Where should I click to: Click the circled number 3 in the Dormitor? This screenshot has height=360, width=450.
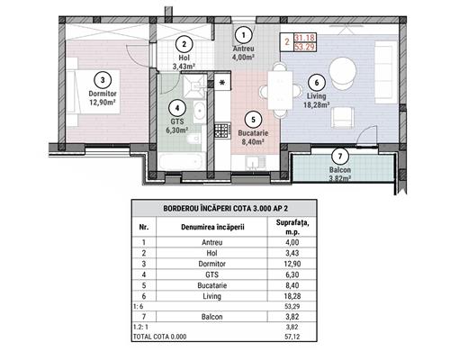pos(103,80)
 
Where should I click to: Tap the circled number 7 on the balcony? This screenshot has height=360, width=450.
pos(340,156)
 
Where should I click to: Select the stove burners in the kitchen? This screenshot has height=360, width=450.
pos(222,130)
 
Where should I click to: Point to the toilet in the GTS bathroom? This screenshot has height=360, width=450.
pos(193,139)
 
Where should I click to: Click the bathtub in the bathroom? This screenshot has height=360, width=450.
pos(182,161)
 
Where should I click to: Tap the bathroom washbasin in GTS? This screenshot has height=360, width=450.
pos(199,112)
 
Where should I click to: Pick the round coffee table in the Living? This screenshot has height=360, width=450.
pos(343,72)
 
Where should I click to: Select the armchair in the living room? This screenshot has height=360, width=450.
pos(342,118)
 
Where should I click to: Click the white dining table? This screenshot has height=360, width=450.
pos(280,90)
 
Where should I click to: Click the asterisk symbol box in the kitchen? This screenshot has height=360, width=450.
pos(222,82)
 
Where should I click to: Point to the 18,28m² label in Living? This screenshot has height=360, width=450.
pos(317,105)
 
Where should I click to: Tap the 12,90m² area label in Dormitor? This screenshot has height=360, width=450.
pos(103,103)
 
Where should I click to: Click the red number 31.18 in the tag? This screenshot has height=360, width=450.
pos(305,38)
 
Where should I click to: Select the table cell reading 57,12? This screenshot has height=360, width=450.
pos(292,337)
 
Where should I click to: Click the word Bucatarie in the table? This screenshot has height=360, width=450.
pos(211,285)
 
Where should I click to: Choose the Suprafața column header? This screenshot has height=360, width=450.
pos(292,227)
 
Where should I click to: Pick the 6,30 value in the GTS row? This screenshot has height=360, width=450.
pos(292,274)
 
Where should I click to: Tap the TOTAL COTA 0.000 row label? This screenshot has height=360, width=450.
pos(159,337)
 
